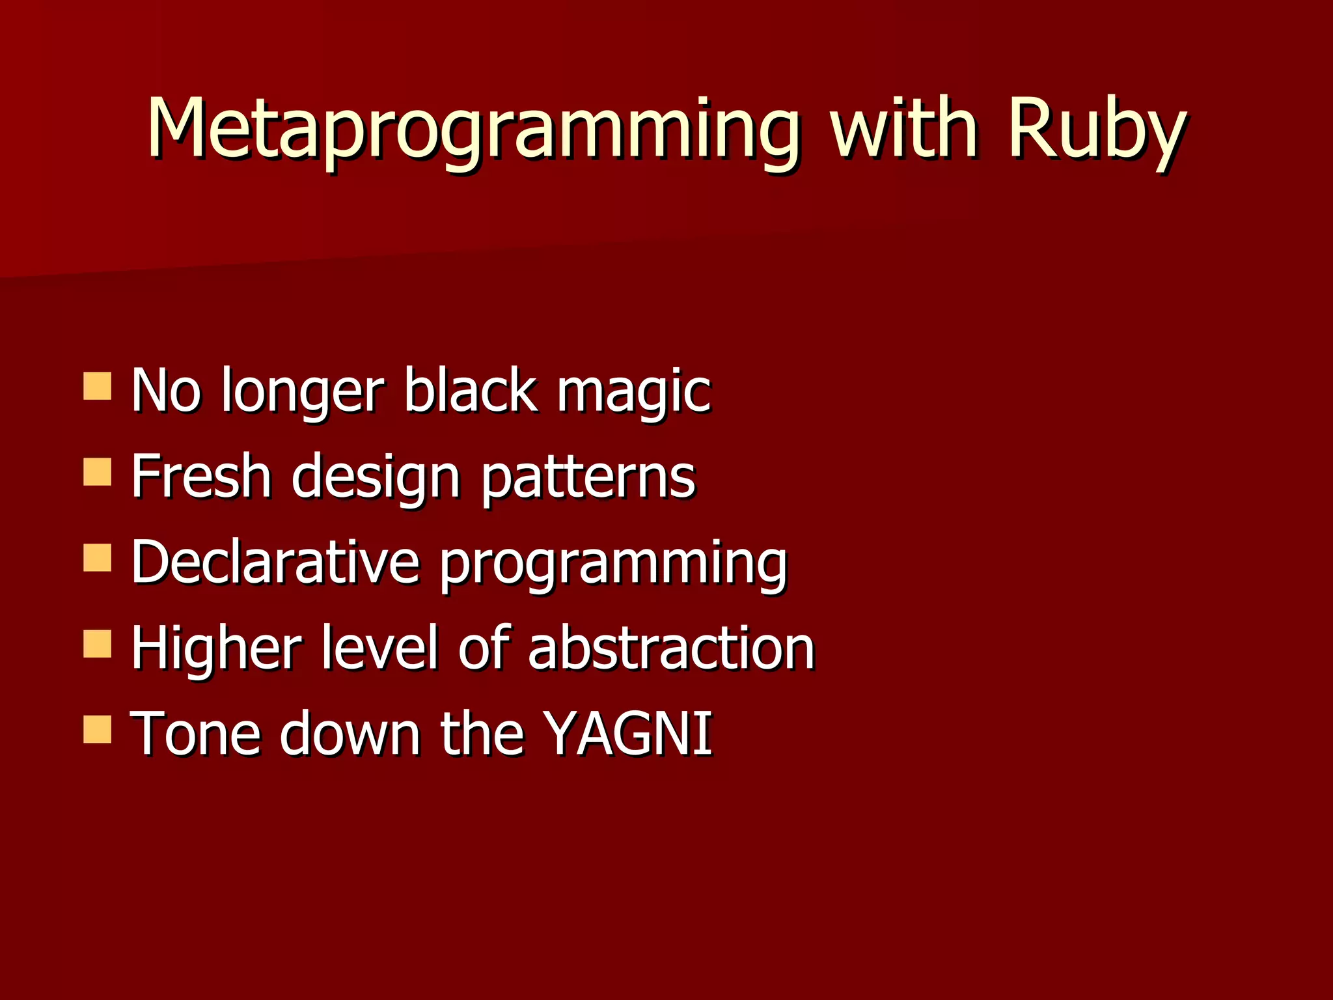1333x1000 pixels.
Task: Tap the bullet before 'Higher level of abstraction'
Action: coord(98,644)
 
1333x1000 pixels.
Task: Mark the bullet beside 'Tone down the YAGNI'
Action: coord(98,730)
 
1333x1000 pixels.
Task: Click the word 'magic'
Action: coord(633,392)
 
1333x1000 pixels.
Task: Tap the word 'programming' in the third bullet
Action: coord(613,564)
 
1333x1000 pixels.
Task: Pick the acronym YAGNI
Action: coord(628,734)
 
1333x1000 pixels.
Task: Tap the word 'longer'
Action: coord(303,392)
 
